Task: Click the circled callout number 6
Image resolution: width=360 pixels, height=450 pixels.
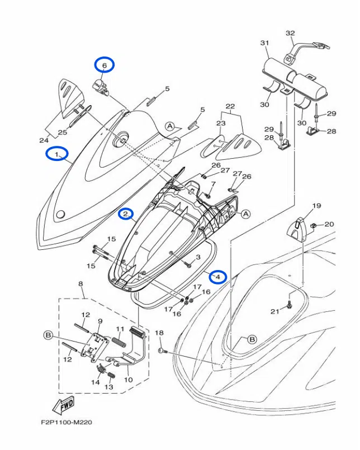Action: click(104, 65)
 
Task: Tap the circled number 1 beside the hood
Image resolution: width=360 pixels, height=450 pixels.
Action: click(56, 153)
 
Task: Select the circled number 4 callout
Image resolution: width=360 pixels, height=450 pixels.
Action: click(217, 276)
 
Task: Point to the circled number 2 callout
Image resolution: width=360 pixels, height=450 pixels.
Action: click(126, 214)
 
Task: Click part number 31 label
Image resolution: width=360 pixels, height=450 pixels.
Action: click(264, 43)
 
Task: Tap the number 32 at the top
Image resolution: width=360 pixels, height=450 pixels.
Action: click(290, 33)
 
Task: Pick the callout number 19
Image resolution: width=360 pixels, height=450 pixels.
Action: click(316, 206)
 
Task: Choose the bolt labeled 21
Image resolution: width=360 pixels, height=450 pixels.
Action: click(291, 305)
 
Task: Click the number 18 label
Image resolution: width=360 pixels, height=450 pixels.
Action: click(159, 333)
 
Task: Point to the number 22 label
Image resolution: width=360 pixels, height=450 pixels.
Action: click(230, 106)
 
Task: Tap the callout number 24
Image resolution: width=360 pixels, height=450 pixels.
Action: click(44, 140)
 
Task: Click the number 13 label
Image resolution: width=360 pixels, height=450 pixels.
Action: click(109, 386)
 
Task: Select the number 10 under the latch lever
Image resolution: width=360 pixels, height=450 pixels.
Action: click(127, 380)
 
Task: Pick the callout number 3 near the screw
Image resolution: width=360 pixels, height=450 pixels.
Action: click(197, 257)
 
